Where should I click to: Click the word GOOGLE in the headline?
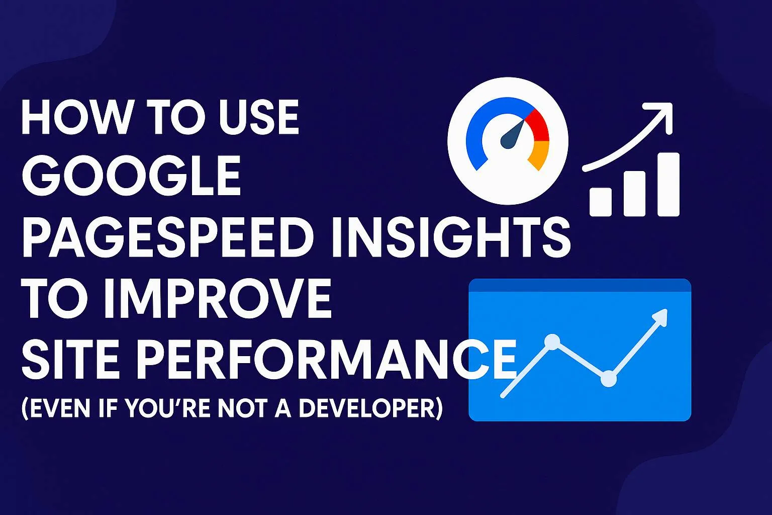pos(132,176)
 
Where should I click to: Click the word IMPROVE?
pos(217,298)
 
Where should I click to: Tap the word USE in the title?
pos(259,117)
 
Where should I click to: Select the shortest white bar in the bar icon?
pos(601,202)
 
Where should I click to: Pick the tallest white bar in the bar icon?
pos(668,185)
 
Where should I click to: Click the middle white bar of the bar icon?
pos(634,194)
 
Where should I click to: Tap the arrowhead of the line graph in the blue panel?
pos(660,317)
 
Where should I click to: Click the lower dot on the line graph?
pos(609,378)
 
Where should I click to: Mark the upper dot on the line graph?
pos(552,342)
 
